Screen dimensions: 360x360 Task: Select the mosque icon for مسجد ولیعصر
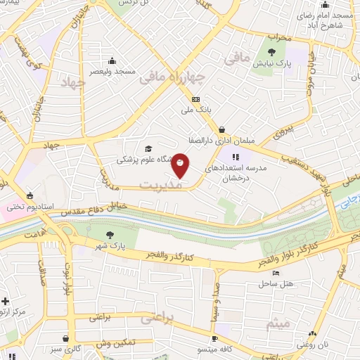click(x=112, y=60)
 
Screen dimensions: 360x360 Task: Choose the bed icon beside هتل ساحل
click(x=276, y=273)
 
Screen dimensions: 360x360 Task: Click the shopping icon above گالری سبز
click(x=65, y=338)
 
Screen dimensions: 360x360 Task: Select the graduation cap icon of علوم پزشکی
click(x=148, y=148)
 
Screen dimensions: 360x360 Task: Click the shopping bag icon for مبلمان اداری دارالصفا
click(x=222, y=129)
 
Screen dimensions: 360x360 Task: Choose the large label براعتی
click(x=156, y=317)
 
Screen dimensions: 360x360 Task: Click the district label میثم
click(x=278, y=323)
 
